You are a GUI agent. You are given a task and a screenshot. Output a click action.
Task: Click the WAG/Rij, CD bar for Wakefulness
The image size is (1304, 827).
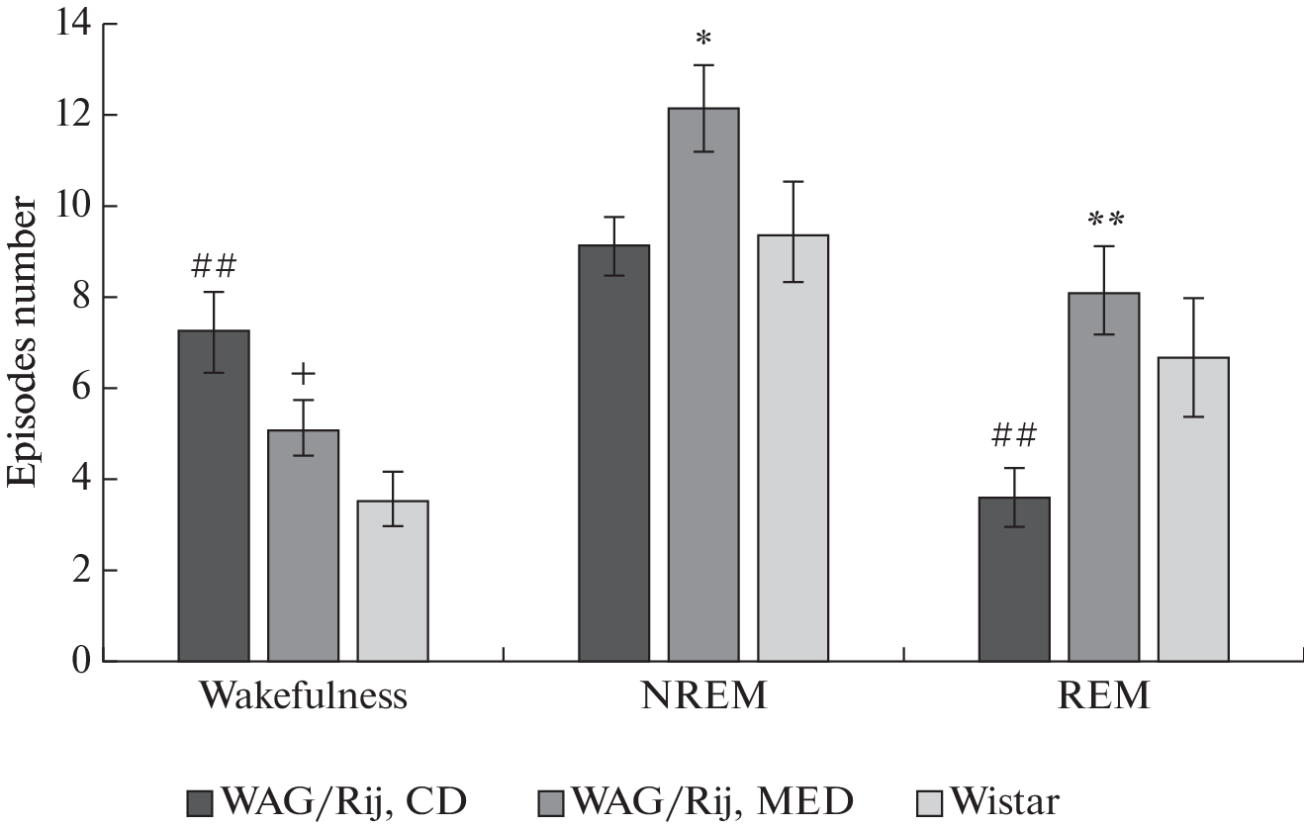click(214, 495)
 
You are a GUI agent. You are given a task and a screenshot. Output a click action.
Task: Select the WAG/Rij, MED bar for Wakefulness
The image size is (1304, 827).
click(303, 545)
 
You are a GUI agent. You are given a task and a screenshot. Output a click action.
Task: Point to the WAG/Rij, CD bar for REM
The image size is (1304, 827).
click(1014, 579)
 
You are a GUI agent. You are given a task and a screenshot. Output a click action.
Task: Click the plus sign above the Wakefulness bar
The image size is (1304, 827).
click(304, 374)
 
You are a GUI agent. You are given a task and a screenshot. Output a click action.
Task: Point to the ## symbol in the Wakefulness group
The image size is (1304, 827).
click(214, 265)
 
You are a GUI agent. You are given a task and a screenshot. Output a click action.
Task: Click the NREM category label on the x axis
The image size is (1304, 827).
click(703, 696)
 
